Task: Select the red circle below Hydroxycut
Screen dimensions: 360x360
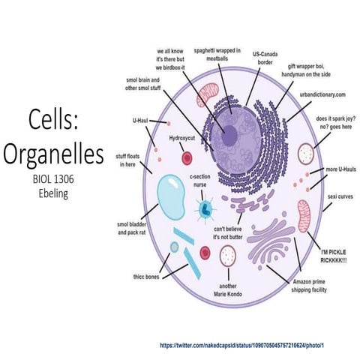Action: (x=187, y=157)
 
